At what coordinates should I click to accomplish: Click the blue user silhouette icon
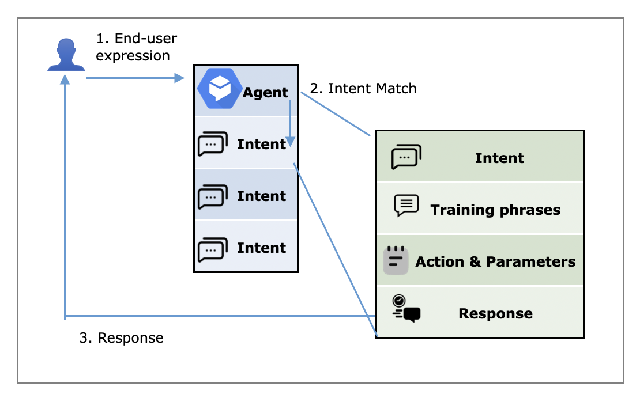[66, 55]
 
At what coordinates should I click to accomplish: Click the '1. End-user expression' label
[136, 47]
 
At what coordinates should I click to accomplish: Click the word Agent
[265, 92]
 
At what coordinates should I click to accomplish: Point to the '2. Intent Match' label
[363, 88]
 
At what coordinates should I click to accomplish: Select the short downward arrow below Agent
[291, 123]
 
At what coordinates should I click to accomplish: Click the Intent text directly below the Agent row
[261, 144]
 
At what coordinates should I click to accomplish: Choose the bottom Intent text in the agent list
[261, 248]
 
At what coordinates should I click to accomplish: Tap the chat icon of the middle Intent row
[213, 196]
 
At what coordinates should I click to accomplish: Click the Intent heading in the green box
[499, 158]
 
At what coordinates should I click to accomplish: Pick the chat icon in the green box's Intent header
[406, 157]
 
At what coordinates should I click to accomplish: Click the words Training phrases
[495, 210]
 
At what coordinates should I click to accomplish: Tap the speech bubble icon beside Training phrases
[406, 206]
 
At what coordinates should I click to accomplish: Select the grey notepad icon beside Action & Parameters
[396, 260]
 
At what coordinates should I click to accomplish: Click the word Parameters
[531, 261]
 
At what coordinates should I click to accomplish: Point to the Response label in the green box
[495, 313]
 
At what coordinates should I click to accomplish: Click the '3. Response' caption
[121, 337]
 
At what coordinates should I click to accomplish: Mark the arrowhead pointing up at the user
[65, 80]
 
